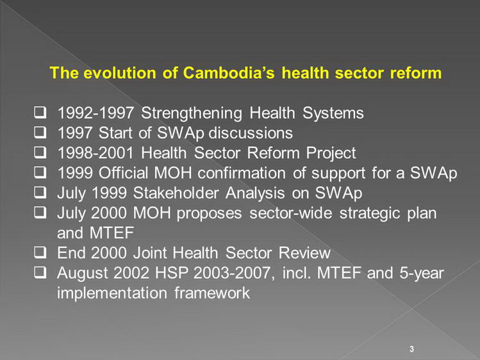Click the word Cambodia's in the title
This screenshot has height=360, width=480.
[x=229, y=73]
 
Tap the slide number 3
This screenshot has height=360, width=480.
[x=411, y=349]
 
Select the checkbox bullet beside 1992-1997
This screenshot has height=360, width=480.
[x=40, y=113]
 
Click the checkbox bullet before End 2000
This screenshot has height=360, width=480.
[x=40, y=252]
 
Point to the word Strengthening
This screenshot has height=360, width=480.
[x=192, y=113]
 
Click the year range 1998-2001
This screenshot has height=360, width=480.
[x=95, y=153]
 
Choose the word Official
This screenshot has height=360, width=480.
[x=124, y=173]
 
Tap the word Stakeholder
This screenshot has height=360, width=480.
[x=176, y=193]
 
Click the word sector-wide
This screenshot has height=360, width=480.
[x=290, y=213]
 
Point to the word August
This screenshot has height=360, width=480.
[x=82, y=274]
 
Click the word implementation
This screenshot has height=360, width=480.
[x=112, y=293]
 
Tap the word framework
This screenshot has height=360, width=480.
[x=212, y=293]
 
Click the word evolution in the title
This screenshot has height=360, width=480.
[x=120, y=73]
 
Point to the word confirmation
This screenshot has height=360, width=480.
[x=242, y=173]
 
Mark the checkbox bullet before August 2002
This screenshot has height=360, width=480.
[x=40, y=272]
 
